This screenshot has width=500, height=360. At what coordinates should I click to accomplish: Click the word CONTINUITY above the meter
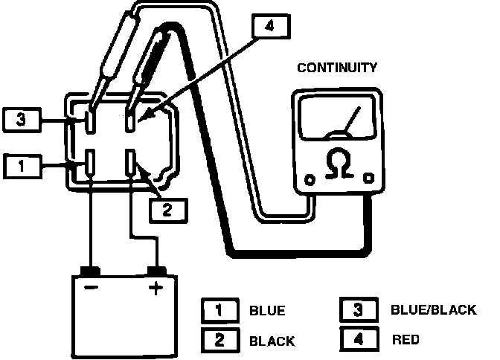point(337,68)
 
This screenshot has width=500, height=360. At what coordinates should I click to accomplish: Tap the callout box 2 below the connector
point(167,209)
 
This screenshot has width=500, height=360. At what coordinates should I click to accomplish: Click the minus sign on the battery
point(91,289)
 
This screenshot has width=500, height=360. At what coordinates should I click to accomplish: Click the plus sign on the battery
point(156,289)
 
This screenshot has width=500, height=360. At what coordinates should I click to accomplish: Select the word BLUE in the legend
point(267,311)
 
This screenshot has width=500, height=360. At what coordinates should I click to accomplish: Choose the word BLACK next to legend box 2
point(272,341)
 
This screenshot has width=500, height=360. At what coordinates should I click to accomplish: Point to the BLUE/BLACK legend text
point(432,309)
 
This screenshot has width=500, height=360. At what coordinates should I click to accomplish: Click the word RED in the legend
point(405,340)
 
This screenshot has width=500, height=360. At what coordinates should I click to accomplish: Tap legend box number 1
point(220,310)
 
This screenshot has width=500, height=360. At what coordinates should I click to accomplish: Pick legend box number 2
point(220,341)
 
